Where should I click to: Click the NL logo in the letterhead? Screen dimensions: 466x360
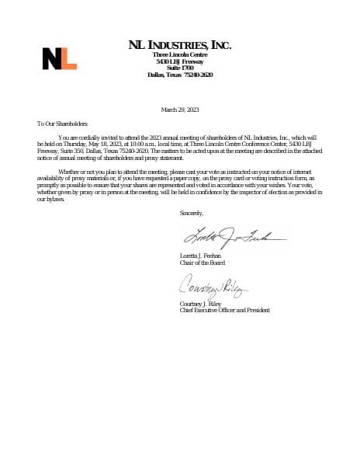pyautogui.click(x=59, y=58)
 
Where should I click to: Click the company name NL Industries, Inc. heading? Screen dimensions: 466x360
pyautogui.click(x=179, y=46)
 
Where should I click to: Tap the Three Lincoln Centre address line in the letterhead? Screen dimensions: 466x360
pyautogui.click(x=179, y=55)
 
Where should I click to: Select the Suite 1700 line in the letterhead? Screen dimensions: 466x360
pyautogui.click(x=179, y=68)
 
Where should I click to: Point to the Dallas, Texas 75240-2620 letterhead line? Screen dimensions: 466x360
pyautogui.click(x=179, y=75)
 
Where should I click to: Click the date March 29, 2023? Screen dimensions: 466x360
pyautogui.click(x=179, y=109)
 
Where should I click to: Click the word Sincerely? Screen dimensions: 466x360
pyautogui.click(x=191, y=212)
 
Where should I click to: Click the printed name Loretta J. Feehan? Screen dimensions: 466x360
pyautogui.click(x=200, y=256)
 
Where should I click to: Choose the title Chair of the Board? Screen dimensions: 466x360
pyautogui.click(x=201, y=262)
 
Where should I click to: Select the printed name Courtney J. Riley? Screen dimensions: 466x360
pyautogui.click(x=200, y=304)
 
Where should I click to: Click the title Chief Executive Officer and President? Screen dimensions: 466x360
pyautogui.click(x=224, y=310)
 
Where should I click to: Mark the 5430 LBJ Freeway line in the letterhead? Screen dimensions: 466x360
pyautogui.click(x=179, y=61)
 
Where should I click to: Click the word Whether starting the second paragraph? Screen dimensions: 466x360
pyautogui.click(x=68, y=170)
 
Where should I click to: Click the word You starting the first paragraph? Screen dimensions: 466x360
pyautogui.click(x=63, y=137)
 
